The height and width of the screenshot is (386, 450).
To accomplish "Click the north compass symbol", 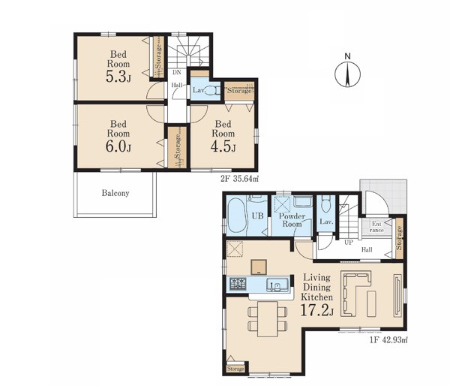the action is [347, 74].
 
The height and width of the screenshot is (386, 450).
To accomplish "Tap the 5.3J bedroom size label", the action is [118, 77].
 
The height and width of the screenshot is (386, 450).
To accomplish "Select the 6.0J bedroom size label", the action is [118, 146].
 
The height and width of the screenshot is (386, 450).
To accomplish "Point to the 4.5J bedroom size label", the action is [223, 146].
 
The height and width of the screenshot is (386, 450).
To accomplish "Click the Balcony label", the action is [115, 193].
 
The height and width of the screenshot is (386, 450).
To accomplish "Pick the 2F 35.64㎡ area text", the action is [240, 179].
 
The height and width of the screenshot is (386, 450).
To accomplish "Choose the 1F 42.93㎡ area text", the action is [388, 340].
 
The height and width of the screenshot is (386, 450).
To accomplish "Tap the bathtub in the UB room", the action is [236, 214].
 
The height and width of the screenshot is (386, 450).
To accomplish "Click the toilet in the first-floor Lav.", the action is [325, 205].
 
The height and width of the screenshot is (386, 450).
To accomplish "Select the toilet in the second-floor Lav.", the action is [211, 91].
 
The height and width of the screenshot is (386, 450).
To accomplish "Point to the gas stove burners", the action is [238, 283].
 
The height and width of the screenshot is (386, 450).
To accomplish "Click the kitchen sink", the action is [277, 285].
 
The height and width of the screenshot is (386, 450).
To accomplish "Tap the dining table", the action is [268, 318].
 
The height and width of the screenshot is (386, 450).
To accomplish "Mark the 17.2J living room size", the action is [316, 310].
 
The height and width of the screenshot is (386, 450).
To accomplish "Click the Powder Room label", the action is [292, 220].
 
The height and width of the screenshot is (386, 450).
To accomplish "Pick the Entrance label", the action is [376, 227].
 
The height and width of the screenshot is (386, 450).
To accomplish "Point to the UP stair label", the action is [349, 243].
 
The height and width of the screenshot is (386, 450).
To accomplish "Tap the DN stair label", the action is [177, 73].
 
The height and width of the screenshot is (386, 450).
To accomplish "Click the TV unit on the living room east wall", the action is [398, 296].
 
